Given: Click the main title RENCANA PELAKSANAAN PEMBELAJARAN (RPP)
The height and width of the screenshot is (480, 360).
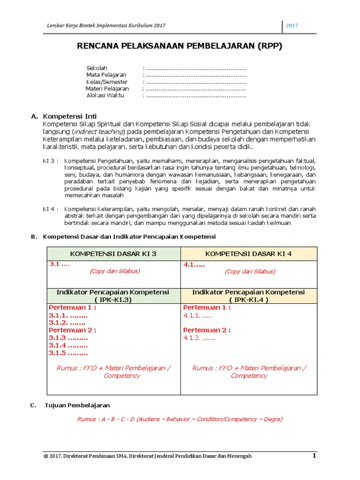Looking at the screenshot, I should pos(180,46).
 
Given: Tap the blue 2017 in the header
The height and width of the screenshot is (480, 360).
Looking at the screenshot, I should pos(292,26).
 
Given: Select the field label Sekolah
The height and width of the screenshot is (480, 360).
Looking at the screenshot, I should pos(97,68).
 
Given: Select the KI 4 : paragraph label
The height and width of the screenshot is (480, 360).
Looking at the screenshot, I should pos(51,209).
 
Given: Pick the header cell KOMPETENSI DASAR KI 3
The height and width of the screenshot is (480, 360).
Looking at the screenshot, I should pos(113,254).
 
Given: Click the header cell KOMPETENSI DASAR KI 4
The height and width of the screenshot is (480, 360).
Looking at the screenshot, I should pos(248,254).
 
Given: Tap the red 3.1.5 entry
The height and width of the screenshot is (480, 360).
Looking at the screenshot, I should pos(68,353).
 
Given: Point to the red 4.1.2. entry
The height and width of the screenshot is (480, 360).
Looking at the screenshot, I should pos(199,337).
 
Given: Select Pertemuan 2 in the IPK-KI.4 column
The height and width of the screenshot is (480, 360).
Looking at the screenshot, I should pos(207,330).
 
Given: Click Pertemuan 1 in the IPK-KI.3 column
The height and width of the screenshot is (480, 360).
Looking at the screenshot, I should pos(73,307).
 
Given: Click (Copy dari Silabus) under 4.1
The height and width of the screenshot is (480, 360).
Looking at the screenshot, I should pos(250,271).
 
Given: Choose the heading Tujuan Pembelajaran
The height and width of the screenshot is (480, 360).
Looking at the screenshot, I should pos(77,405).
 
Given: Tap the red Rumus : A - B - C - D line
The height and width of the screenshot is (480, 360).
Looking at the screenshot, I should pos(180,419).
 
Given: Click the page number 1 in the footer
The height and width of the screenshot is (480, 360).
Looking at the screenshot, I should pos(315,456).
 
